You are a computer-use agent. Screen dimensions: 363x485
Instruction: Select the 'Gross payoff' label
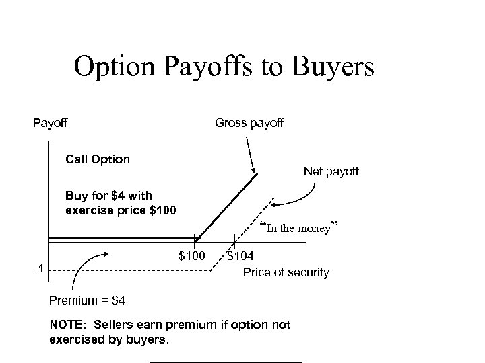click(x=249, y=123)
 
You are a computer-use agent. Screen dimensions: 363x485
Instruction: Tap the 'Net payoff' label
click(x=331, y=172)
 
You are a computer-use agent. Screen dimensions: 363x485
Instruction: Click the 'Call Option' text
click(x=98, y=159)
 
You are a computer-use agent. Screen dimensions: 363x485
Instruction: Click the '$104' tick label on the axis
click(x=241, y=256)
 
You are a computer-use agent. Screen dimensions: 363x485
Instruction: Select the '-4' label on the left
click(x=39, y=270)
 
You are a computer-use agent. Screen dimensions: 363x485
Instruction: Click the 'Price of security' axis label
click(x=286, y=272)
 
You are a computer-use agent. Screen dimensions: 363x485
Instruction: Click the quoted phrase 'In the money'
click(x=296, y=228)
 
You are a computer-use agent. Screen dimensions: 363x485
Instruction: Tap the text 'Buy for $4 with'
click(x=109, y=196)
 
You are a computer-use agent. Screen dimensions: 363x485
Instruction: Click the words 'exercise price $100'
click(x=121, y=210)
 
